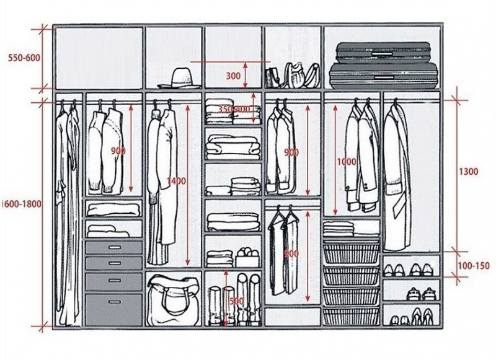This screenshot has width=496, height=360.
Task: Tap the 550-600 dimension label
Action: coord(24,58)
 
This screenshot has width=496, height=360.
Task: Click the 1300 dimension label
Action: coord(469,172)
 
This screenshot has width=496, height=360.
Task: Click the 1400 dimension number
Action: coord(176,181)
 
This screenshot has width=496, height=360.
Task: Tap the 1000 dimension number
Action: coord(347,162)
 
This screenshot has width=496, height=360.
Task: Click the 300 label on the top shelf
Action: coord(233,76)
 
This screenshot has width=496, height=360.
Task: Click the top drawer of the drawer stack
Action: coord(113,247)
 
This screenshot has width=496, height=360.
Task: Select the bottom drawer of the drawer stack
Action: coord(113,303)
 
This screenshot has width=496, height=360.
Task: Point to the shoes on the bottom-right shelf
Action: coord(411,316)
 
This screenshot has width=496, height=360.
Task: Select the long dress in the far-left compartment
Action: coord(66,211)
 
